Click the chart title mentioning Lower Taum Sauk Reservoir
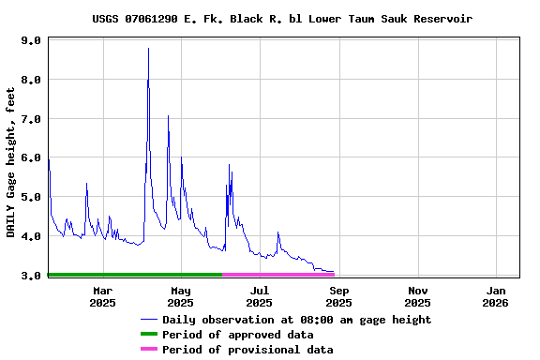(x=282, y=19)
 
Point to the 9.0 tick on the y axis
(x=30, y=41)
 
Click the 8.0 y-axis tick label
(x=30, y=80)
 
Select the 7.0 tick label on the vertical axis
(x=30, y=119)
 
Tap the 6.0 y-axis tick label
(x=30, y=158)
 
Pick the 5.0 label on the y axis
(x=30, y=197)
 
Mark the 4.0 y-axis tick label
(x=30, y=236)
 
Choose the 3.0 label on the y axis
(x=30, y=276)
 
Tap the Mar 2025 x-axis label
(x=102, y=296)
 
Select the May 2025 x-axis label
(x=181, y=296)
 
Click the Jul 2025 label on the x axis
(x=260, y=296)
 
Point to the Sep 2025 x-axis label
(x=339, y=296)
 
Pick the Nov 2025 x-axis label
(x=418, y=296)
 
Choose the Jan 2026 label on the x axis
(x=496, y=296)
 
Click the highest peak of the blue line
(x=148, y=49)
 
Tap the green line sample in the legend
(x=149, y=335)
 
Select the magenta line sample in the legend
(x=149, y=350)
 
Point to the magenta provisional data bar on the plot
(x=277, y=275)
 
